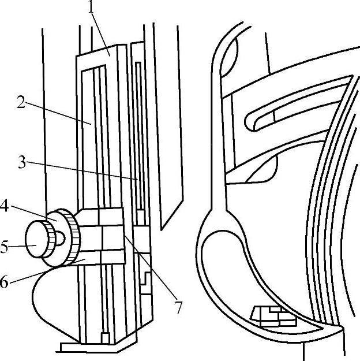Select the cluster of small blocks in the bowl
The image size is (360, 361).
click(271, 315)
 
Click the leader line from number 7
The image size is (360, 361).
click(150, 266)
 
